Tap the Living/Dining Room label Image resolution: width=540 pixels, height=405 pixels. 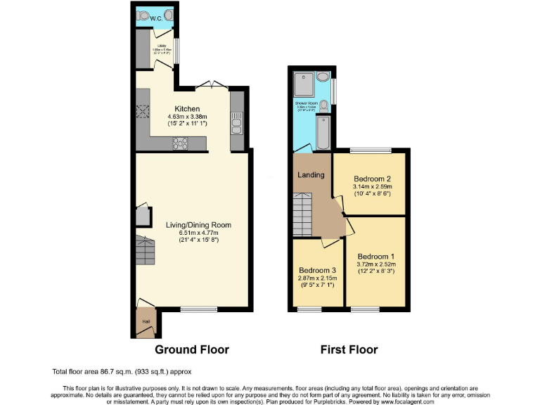click(x=198, y=225)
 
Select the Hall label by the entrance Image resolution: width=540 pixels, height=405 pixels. click(x=146, y=321)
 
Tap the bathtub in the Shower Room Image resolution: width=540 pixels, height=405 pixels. click(x=323, y=131)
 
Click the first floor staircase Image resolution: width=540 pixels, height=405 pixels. click(x=301, y=214)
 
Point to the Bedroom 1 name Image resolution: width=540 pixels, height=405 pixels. click(x=376, y=256)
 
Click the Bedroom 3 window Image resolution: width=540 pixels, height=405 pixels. click(x=308, y=309)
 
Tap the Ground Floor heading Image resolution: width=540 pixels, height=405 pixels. click(x=192, y=349)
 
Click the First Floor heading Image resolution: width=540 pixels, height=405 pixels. click(x=349, y=349)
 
